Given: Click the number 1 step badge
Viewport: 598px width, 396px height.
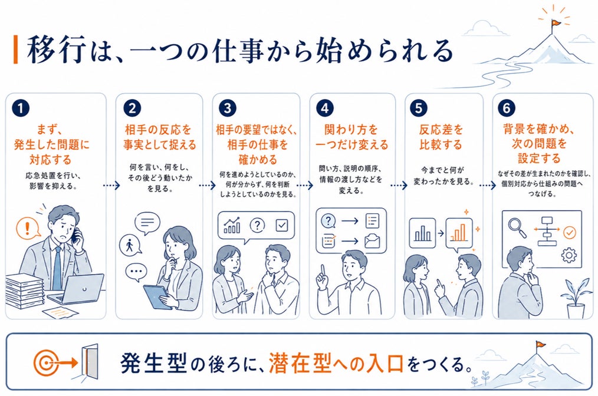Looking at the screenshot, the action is pos(21,108).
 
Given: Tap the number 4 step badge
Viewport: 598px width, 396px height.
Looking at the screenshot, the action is pos(325,108).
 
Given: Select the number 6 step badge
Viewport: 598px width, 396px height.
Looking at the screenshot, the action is pos(507,108).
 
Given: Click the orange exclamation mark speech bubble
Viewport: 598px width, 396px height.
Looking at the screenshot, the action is pos(28,228).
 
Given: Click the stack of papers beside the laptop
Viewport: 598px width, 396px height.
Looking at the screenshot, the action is pos(24,291).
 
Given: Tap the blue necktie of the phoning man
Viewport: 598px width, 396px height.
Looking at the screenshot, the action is pos(57,267).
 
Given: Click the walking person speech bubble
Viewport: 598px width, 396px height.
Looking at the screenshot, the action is pos(130,245).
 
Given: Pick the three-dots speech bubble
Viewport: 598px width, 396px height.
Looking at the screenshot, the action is pos(136,272).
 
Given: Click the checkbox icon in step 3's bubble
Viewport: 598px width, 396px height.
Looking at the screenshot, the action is pos(281,225).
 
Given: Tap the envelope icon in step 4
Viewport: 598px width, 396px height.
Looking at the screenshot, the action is pos(372,241).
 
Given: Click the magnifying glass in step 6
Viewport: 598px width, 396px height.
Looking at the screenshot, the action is pos(517,227).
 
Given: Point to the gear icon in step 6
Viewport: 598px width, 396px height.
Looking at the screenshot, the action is pos(569,255).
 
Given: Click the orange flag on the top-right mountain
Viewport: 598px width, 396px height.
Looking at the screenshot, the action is pos(556,23).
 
